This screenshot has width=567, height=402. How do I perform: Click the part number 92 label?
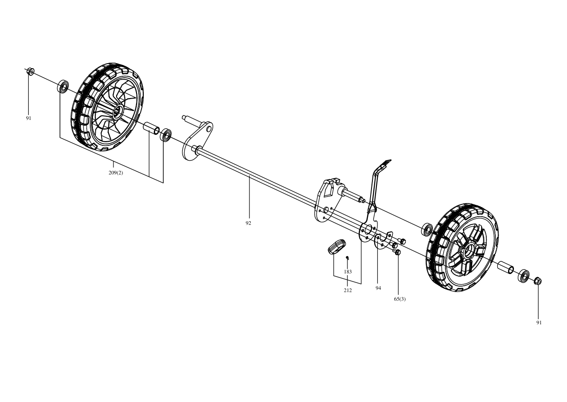coord(248,223)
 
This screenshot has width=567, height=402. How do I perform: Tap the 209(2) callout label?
coord(116,173)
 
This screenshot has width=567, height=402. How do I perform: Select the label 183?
coord(348,272)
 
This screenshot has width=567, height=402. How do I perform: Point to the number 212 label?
coord(348,290)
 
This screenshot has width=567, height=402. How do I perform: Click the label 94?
coord(378,288)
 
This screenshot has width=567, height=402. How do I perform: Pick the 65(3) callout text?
coord(400,299)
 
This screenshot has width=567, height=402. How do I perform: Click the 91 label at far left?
coord(28,118)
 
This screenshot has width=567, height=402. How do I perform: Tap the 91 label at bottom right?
coord(539,323)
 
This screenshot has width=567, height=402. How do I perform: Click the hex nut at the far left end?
coord(31,71)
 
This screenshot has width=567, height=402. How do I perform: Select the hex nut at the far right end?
coord(538,281)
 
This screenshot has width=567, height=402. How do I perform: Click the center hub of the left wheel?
coord(117,112)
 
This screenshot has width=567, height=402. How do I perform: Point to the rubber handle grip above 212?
coord(337,246)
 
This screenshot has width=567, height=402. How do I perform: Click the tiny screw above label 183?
coord(347,258)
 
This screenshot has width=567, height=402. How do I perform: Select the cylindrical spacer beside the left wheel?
coord(152,128)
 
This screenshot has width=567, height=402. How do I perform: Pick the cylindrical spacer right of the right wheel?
coord(505,268)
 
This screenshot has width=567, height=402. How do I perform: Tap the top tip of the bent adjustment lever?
coord(390,160)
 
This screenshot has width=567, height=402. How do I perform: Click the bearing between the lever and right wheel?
coord(427,229)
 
